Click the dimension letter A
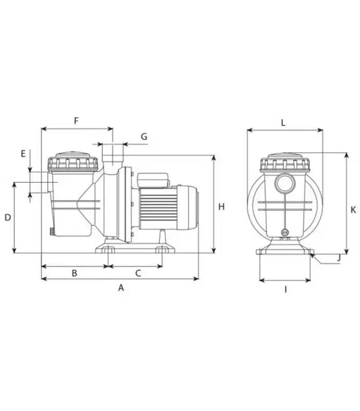121,288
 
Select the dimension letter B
75,273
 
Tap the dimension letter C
138,273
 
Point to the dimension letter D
8,217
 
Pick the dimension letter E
23,154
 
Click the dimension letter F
76,121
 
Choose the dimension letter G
144,137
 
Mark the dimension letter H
222,207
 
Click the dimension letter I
285,290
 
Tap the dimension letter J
339,258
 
